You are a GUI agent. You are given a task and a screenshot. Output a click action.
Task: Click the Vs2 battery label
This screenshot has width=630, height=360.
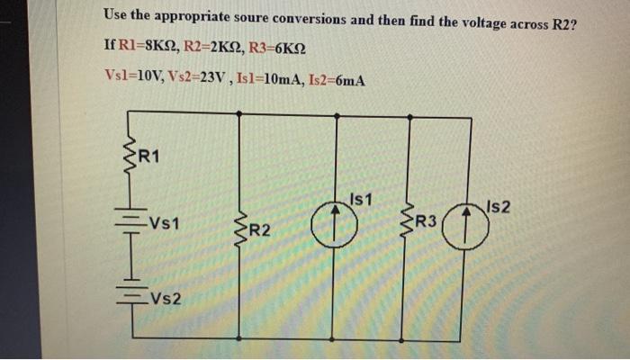coord(167,298)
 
